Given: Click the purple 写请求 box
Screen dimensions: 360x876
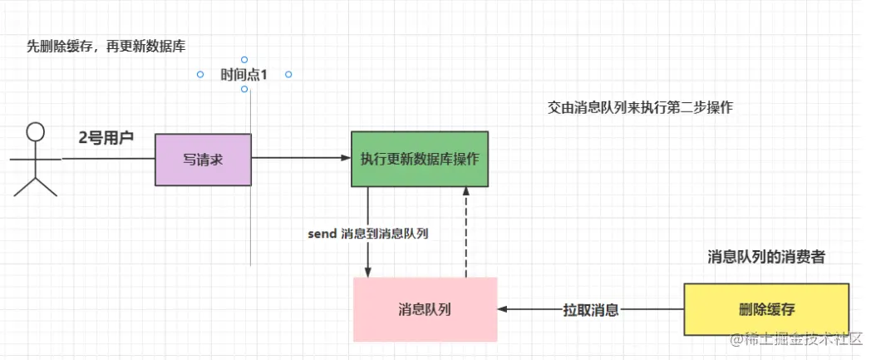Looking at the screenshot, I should coord(203,159).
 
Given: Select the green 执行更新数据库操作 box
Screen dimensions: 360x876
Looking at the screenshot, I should coord(419,159).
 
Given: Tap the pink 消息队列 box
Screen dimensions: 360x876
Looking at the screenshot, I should coord(425,309).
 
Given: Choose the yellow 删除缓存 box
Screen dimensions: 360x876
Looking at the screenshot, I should coord(766,309).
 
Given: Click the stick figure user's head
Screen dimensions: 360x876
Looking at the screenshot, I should coord(35,132).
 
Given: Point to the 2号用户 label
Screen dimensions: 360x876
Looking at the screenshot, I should coord(106,137).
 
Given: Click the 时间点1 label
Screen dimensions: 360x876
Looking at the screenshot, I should coord(244,75).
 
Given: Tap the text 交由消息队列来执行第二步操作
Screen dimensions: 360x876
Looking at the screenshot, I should coord(640,108).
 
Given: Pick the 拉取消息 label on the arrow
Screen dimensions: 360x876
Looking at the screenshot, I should coord(590,310).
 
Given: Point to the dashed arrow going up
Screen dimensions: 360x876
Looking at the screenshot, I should coord(466,233).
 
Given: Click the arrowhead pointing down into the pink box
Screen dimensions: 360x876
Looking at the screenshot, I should coord(368,272).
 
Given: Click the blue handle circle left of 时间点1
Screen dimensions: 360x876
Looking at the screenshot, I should coord(200,75).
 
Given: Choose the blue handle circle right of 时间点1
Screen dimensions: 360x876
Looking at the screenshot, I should coord(288,75).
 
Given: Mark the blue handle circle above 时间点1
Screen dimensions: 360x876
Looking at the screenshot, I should coord(244,60).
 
